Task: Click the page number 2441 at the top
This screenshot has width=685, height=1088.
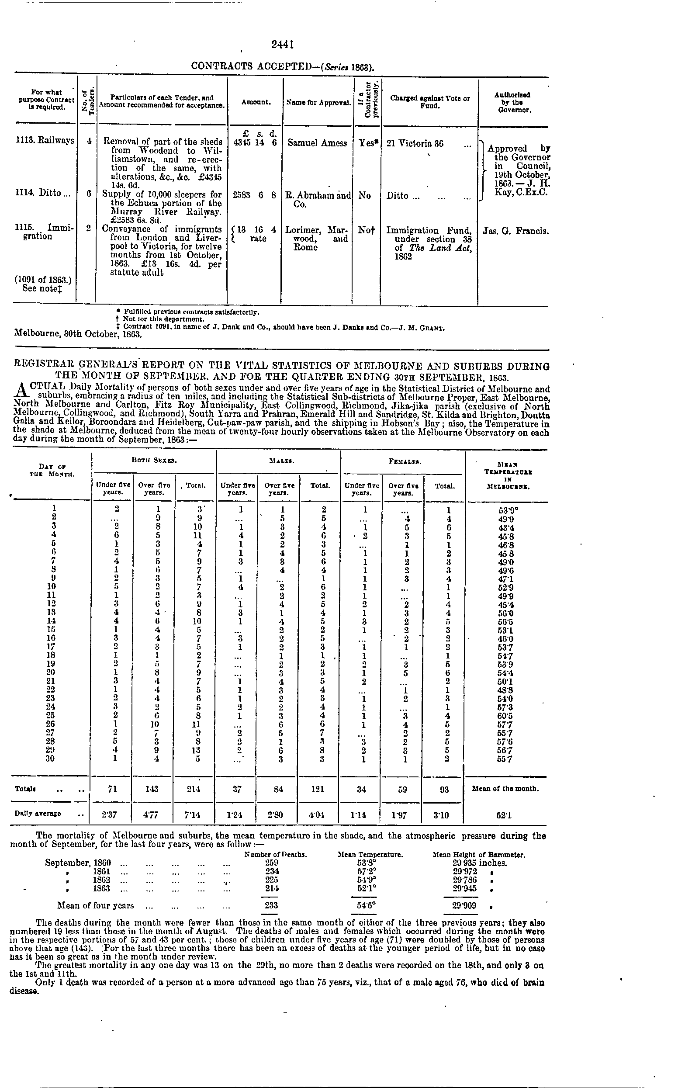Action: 283,44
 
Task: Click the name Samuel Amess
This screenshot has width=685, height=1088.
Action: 317,143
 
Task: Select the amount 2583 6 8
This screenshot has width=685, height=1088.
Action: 254,196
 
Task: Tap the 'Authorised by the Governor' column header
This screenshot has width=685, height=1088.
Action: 512,102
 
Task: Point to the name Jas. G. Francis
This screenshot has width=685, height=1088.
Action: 515,231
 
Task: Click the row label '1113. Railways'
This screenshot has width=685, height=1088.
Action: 44,141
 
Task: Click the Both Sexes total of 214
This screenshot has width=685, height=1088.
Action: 196,789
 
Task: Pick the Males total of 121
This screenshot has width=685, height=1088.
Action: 319,789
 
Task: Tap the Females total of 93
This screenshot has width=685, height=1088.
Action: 444,789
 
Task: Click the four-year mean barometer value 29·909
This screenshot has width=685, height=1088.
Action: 464,905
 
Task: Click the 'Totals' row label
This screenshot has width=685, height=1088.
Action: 25,789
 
